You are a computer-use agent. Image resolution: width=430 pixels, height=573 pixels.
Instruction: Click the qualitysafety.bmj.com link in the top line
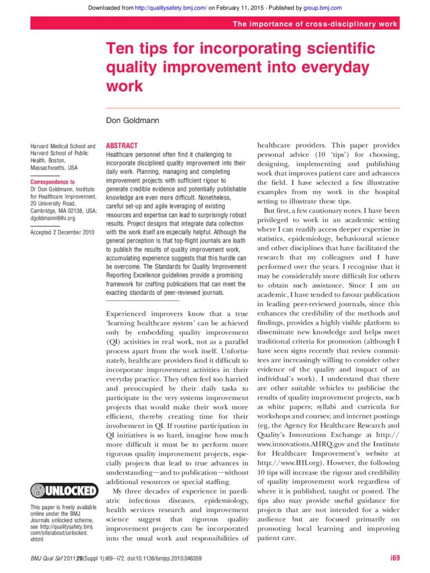(x=174, y=8)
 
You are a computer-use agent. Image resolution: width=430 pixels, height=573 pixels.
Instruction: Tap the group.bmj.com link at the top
(x=322, y=8)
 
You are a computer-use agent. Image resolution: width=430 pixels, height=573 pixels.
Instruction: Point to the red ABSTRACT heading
(x=121, y=145)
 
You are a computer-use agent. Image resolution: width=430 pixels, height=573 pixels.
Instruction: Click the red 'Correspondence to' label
(x=52, y=182)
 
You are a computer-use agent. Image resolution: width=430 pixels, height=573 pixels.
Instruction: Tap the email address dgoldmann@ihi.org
(x=53, y=218)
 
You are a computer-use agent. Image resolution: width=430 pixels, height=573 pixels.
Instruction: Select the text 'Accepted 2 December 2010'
(x=62, y=232)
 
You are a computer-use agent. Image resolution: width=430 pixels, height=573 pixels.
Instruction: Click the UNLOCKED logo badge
(x=64, y=490)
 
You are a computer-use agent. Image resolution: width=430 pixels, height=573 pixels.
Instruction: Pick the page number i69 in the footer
(x=395, y=558)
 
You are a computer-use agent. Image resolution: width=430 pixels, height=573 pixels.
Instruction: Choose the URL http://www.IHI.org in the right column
(x=282, y=463)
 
